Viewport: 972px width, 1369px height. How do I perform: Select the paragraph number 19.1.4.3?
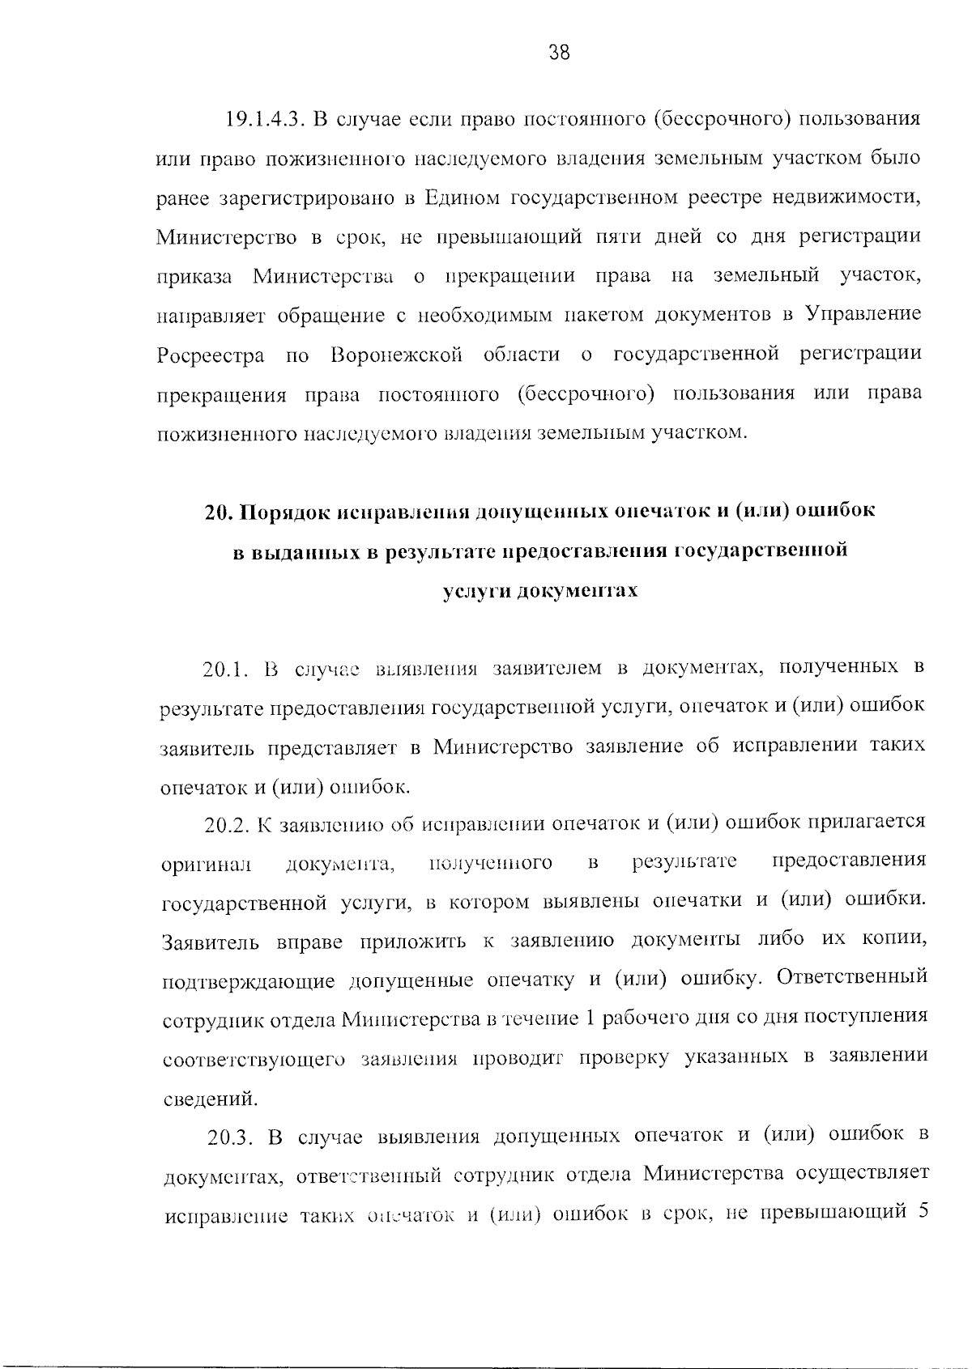[263, 119]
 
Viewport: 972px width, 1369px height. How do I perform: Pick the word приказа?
[194, 276]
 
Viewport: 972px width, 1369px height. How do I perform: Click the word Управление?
[863, 315]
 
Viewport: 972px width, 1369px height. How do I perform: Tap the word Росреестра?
[211, 355]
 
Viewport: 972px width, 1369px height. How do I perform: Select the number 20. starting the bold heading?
[217, 512]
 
